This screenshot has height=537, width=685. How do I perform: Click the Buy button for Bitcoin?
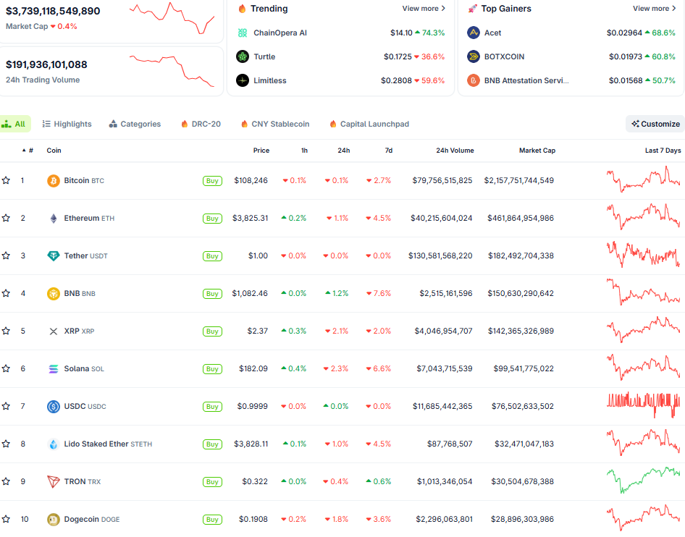[212, 181]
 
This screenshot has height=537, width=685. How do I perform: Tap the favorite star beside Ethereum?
[6, 218]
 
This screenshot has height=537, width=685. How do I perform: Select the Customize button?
[655, 124]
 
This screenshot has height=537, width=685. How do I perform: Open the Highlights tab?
[67, 124]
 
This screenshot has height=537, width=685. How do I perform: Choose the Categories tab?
[135, 124]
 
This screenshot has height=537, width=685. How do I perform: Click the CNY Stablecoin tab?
[274, 124]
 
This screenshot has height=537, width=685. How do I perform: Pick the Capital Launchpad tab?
[369, 124]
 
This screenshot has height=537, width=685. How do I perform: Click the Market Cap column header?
[537, 151]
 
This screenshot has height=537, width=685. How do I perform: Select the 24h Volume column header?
[455, 151]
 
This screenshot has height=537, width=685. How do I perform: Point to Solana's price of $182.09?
[253, 368]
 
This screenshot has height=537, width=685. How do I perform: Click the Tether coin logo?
[54, 255]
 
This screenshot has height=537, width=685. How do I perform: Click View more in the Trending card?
[424, 9]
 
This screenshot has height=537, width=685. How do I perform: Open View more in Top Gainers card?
[654, 9]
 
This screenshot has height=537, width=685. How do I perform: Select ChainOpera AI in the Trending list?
[280, 33]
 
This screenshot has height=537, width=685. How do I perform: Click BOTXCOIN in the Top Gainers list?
[504, 56]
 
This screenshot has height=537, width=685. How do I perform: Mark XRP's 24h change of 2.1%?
[337, 331]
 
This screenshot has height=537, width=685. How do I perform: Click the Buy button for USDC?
[212, 407]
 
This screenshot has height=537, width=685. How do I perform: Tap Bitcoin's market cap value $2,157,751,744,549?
[518, 180]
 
